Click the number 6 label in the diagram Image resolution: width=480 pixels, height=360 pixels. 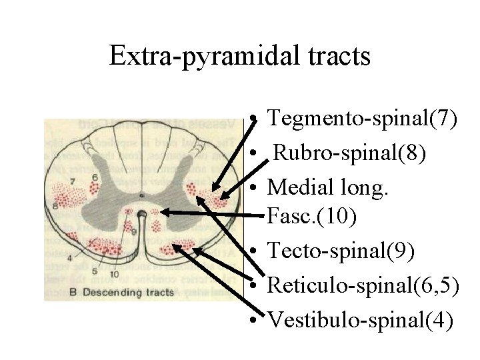tap(95, 176)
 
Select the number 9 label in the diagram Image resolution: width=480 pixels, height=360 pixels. tap(134, 231)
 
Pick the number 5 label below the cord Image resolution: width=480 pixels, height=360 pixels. tap(94, 271)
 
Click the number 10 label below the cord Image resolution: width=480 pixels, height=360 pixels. tap(115, 274)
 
